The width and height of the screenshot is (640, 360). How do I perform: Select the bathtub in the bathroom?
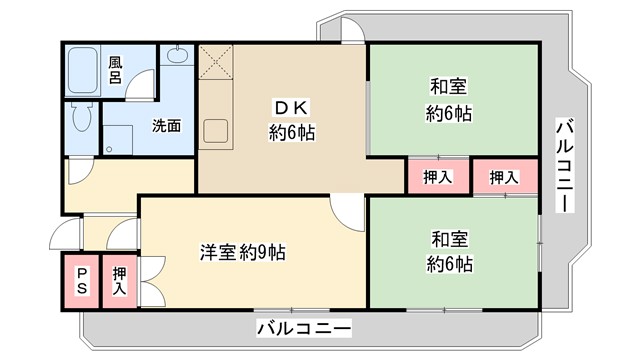(x=87, y=71)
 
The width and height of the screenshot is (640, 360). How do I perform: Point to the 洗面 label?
(x=166, y=126)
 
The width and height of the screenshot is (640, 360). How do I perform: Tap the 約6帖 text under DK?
(x=291, y=132)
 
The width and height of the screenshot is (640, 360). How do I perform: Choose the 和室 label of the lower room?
(x=450, y=240)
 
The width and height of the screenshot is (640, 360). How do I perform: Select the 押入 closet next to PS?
(x=119, y=280)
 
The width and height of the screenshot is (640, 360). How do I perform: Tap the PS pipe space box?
(x=82, y=280)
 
